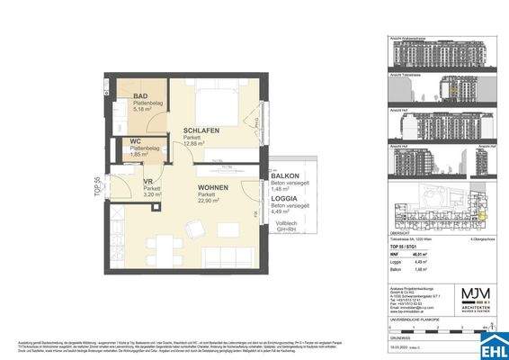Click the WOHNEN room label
[x=214, y=187]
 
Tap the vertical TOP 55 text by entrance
[x=99, y=184]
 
